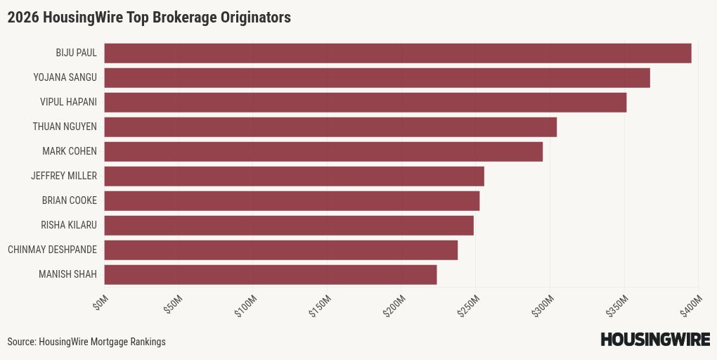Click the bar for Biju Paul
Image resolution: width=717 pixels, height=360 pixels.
pos(398,53)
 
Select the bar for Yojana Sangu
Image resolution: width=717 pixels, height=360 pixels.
pos(377,78)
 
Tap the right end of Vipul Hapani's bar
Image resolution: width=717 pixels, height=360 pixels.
pos(625,103)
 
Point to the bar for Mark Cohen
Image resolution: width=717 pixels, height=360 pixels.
pos(323,152)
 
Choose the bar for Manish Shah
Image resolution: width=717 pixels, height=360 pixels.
pos(271,275)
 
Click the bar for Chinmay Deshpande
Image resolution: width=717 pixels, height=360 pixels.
pos(281,250)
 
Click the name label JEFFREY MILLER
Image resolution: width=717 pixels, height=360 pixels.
pos(64,176)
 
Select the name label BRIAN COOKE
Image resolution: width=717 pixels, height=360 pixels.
pos(70,200)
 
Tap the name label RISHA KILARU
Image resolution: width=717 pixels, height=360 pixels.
pos(69,225)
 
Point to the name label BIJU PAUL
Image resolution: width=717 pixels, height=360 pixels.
pos(77,53)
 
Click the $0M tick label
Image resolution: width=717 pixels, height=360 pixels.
pos(101,303)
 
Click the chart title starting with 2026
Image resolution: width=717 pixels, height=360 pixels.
pos(149,18)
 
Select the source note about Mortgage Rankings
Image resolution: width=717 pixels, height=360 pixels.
pos(86,342)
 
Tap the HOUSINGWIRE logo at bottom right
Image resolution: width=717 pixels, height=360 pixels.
pos(655,340)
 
